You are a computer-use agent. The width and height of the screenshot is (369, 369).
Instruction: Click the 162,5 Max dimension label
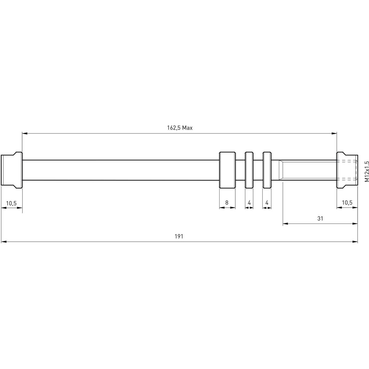point(180,128)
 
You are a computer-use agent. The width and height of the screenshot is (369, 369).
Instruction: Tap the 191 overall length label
point(179,236)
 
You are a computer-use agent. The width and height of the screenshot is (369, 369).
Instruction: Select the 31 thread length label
point(320,219)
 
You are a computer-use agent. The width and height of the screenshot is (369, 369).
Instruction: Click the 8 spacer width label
point(227,203)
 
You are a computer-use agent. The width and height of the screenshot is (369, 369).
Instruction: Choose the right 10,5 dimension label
point(347,203)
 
